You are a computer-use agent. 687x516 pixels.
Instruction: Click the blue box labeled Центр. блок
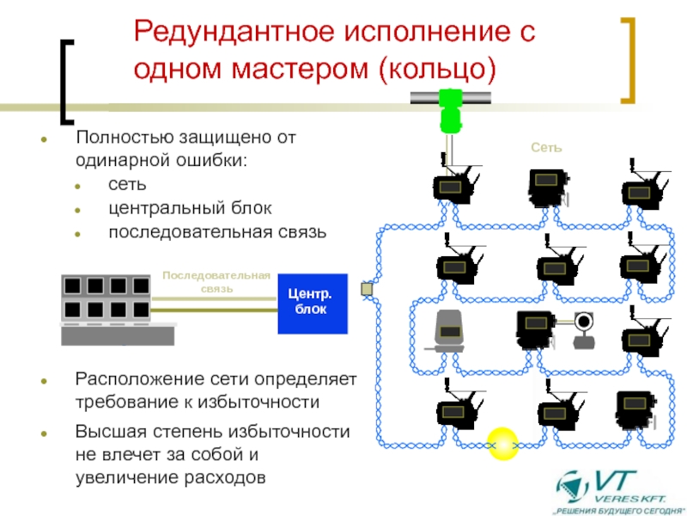tap(312, 304)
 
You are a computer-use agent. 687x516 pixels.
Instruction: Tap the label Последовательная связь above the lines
tap(216, 282)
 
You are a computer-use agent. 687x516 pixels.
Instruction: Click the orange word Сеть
tap(545, 148)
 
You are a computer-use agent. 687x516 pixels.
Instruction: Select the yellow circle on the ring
tap(502, 444)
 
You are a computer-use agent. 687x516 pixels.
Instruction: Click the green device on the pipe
tap(449, 110)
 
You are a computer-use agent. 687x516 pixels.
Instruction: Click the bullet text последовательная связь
tap(217, 232)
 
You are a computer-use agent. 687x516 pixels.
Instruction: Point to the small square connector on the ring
tap(367, 289)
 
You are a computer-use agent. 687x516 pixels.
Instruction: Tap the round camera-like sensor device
tap(584, 329)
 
